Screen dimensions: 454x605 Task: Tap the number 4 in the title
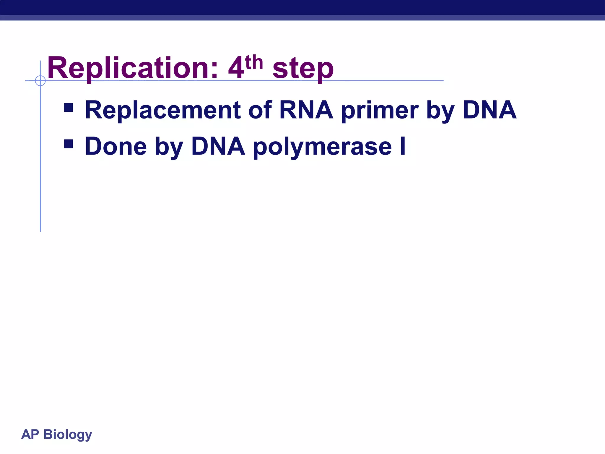tap(236, 69)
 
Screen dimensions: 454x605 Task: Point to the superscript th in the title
tap(254, 62)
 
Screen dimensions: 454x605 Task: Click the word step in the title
tap(303, 69)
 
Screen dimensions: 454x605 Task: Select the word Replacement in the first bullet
tap(163, 110)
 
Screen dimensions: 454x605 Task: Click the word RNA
tap(306, 110)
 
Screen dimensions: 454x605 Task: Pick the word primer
tap(380, 111)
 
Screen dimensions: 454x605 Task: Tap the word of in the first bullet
tap(260, 110)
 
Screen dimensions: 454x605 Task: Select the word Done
tap(116, 146)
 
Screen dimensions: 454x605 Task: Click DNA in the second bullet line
tap(218, 146)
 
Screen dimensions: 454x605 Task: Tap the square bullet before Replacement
tap(69, 108)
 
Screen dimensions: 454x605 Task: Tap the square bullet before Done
tap(69, 144)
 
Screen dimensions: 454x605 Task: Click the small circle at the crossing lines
tap(40, 80)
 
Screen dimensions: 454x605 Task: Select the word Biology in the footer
tap(68, 435)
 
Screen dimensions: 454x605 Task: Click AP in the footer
tap(30, 434)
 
